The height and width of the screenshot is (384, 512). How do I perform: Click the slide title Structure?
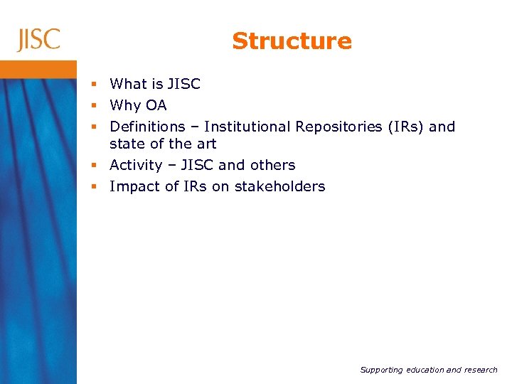click(292, 41)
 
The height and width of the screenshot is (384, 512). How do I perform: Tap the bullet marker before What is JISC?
click(95, 85)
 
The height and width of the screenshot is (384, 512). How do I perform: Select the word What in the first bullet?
click(128, 84)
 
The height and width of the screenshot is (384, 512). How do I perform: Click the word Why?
click(126, 106)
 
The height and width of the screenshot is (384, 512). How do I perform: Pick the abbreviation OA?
click(156, 105)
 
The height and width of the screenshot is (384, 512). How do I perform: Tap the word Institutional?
click(247, 127)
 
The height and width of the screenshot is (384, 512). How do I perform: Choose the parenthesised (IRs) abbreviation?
click(407, 127)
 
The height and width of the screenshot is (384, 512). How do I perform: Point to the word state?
click(127, 144)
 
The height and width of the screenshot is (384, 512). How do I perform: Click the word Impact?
click(132, 187)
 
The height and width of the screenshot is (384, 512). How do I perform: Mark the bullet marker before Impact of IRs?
click(95, 187)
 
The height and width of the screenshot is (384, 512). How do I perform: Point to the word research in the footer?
click(477, 370)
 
